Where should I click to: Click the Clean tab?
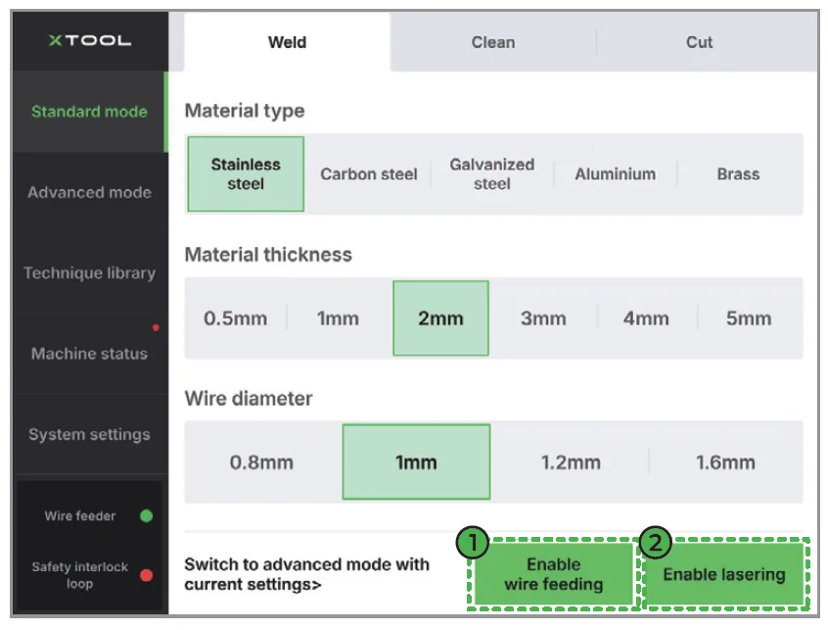[493, 42]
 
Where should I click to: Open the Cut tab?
[699, 42]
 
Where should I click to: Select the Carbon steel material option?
[369, 173]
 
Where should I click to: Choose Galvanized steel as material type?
[491, 173]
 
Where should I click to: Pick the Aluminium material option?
[616, 173]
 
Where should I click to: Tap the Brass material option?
[738, 173]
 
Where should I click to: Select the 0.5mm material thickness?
[236, 318]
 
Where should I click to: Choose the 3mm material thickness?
[543, 318]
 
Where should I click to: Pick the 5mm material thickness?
[749, 318]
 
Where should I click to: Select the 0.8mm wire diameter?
[261, 462]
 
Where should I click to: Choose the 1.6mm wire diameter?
[725, 462]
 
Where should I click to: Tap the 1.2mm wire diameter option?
[571, 462]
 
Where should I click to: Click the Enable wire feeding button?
[553, 574]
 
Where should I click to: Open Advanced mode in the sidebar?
[89, 192]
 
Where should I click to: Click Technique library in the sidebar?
[89, 272]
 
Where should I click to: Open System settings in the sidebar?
[89, 434]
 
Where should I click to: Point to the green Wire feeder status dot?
[146, 515]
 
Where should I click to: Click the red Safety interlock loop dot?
[146, 575]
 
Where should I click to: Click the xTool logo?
[90, 41]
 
